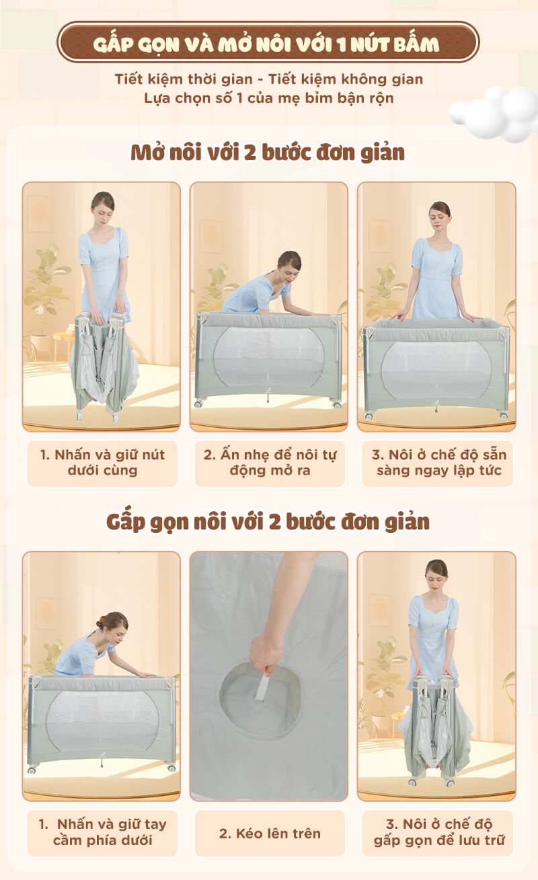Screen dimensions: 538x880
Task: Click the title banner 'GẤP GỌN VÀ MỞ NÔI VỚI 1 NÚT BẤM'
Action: point(268,42)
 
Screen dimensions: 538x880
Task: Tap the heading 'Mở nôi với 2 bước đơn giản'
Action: point(268,153)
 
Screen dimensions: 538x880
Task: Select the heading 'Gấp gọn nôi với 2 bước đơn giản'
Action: point(268,521)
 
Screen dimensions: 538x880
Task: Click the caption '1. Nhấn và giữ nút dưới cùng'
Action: point(102,462)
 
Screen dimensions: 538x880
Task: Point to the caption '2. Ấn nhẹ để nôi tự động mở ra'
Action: point(270,462)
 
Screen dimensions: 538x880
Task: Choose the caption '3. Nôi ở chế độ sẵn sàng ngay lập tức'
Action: point(438,462)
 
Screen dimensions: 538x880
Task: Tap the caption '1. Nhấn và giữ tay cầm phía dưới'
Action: point(102,832)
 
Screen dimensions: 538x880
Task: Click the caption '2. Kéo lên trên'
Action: point(270,834)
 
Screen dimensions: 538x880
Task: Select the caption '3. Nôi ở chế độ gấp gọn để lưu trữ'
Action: point(438,832)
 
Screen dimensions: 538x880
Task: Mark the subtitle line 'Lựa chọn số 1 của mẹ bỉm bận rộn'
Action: point(268,98)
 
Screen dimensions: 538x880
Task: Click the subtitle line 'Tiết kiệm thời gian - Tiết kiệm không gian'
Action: point(268,79)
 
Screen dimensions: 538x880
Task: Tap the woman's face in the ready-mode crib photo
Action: point(439,217)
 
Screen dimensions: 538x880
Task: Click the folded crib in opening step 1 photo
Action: point(103,365)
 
